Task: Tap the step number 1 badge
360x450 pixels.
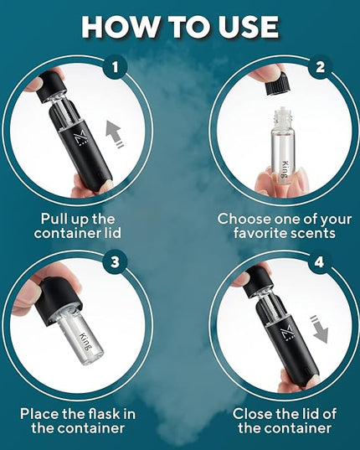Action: [115, 67]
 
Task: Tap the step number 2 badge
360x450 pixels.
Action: [320, 67]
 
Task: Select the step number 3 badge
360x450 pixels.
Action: [115, 261]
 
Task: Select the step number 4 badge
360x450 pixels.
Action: [319, 261]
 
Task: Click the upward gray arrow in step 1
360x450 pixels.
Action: [114, 134]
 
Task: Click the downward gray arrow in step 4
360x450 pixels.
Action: [319, 328]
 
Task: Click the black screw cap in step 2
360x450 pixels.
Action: [278, 85]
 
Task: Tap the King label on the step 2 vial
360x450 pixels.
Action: [284, 169]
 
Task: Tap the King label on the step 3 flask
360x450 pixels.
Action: [85, 341]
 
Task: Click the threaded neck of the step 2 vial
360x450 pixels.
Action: [279, 117]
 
